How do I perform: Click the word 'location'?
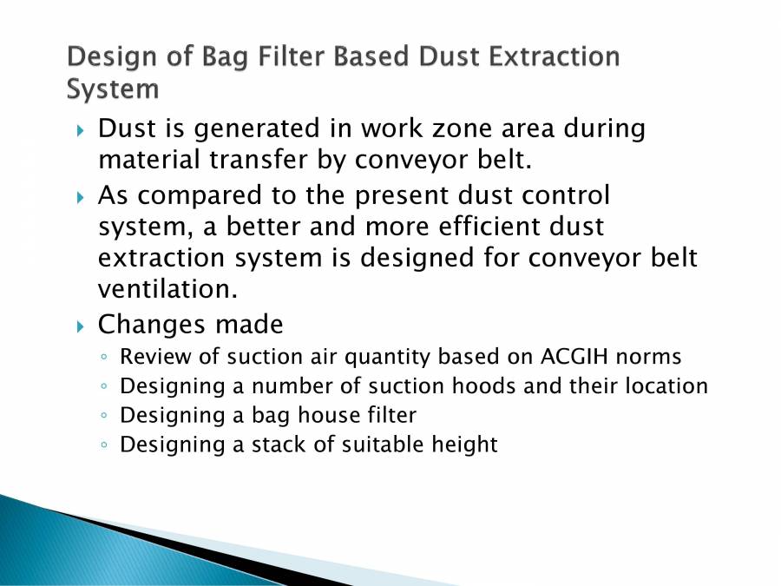click(669, 385)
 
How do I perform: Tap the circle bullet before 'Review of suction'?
click(104, 357)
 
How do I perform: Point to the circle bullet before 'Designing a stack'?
click(104, 445)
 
